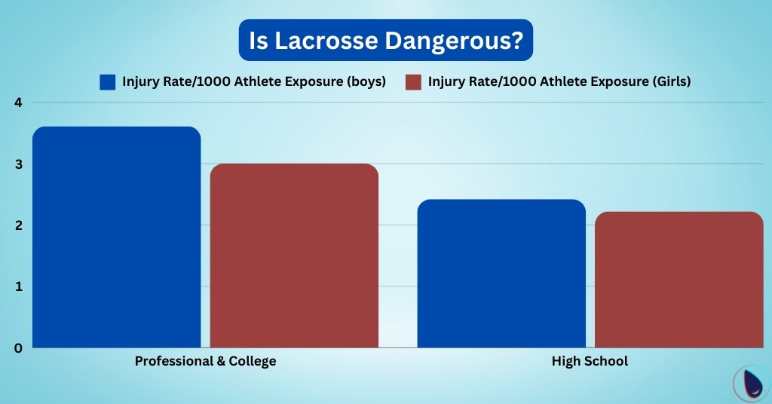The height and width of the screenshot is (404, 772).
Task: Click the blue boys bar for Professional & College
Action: [116, 237]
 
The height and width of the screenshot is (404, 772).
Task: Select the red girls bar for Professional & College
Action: [294, 256]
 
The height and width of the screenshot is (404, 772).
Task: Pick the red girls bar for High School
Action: [679, 280]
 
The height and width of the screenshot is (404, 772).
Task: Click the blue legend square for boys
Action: [108, 82]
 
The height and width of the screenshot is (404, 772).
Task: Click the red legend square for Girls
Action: [413, 82]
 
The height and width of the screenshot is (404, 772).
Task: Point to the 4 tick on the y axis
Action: [17, 103]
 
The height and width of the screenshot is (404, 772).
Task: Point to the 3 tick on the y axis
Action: [17, 164]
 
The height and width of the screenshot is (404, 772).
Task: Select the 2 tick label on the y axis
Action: [17, 225]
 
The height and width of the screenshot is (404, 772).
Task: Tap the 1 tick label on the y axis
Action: [17, 286]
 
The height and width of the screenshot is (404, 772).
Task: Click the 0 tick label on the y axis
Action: [17, 347]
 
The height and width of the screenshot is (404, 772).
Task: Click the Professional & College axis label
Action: [205, 361]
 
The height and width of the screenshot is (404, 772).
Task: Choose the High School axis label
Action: [590, 361]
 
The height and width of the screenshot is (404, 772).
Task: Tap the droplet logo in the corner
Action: [752, 384]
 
